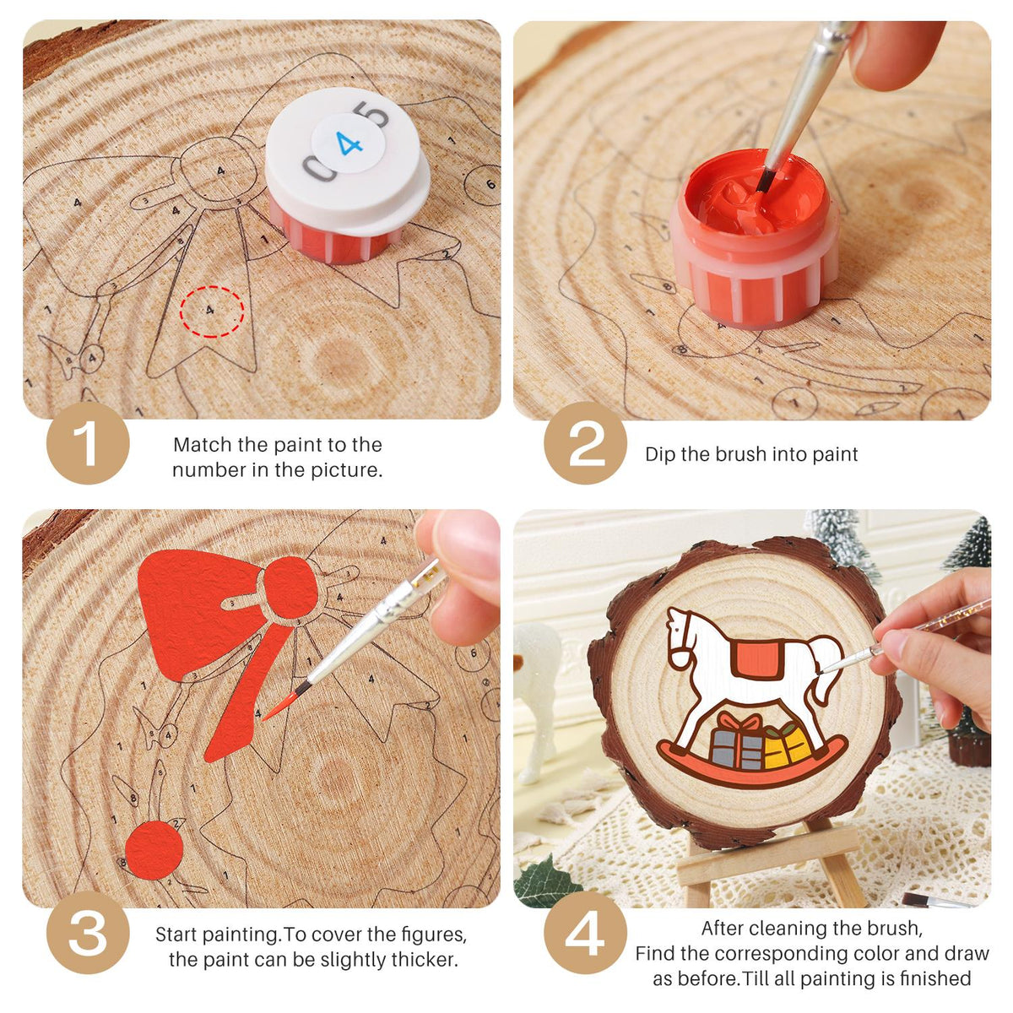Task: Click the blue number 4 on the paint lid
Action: pos(349,143)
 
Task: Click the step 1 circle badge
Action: pos(88,443)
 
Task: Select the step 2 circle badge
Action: pos(585,443)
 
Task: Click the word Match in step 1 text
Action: pos(203,445)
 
